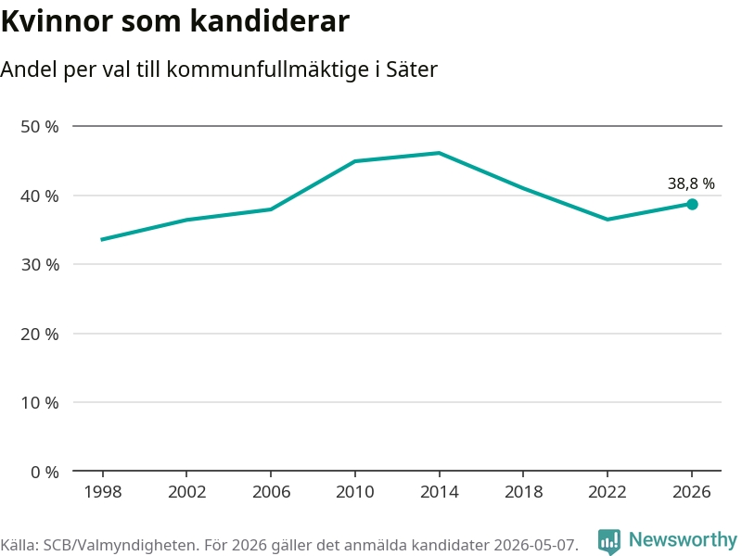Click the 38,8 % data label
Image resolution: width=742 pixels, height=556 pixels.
(691, 183)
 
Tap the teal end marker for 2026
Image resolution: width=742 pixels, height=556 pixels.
(692, 204)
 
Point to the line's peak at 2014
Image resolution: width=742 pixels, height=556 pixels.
(439, 153)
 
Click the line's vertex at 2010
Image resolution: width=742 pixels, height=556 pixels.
(355, 161)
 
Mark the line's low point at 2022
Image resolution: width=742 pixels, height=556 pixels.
(608, 220)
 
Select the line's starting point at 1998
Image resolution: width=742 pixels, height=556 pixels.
(102, 240)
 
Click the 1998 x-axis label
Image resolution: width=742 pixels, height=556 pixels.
(103, 492)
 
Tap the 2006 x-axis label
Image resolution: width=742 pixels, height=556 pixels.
(271, 492)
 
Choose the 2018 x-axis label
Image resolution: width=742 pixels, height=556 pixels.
(523, 492)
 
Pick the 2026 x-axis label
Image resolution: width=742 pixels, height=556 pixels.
(691, 492)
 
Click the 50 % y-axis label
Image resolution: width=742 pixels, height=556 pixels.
(40, 127)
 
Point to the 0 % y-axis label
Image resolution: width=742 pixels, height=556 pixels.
(45, 472)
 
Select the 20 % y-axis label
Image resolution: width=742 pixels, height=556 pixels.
(40, 335)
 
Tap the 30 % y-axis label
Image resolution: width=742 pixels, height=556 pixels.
(40, 265)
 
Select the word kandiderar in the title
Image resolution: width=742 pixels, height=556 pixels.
(270, 20)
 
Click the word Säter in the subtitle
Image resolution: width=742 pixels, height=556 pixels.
(412, 69)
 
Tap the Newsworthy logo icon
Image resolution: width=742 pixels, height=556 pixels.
(609, 541)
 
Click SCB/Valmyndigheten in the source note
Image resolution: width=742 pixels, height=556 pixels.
(120, 545)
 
